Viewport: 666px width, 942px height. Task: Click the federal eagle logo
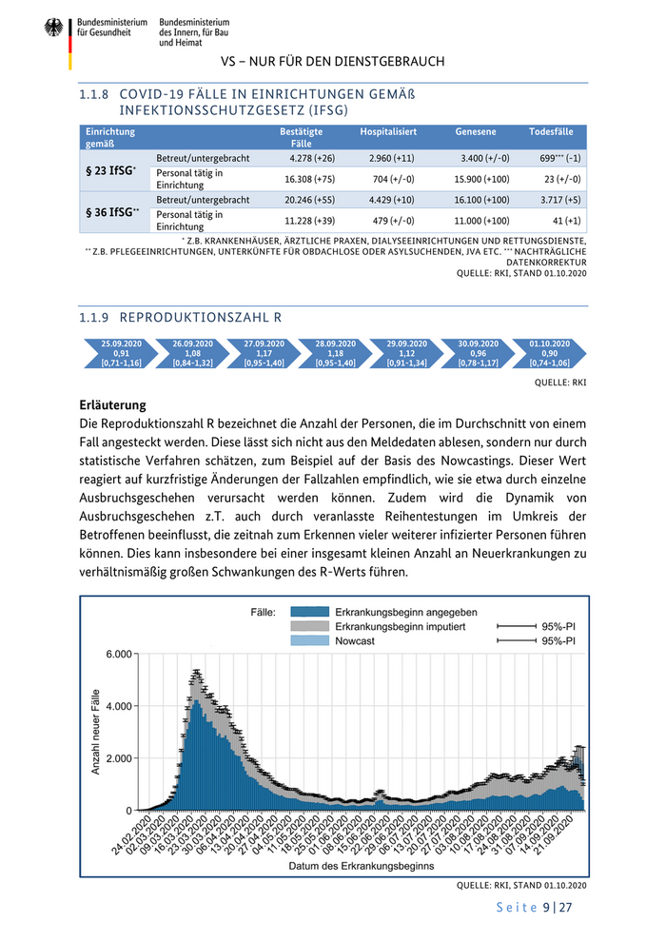point(52,29)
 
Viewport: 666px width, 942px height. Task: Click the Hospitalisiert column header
point(388,131)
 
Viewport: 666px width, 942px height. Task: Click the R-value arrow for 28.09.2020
point(335,353)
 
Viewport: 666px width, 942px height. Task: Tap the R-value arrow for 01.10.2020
point(550,353)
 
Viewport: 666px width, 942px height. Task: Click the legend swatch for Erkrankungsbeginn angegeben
point(308,612)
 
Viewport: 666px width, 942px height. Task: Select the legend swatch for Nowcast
point(308,641)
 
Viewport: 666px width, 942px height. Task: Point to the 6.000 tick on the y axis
point(119,655)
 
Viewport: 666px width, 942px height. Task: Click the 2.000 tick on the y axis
point(119,758)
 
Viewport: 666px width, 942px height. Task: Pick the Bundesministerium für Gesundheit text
point(112,27)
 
